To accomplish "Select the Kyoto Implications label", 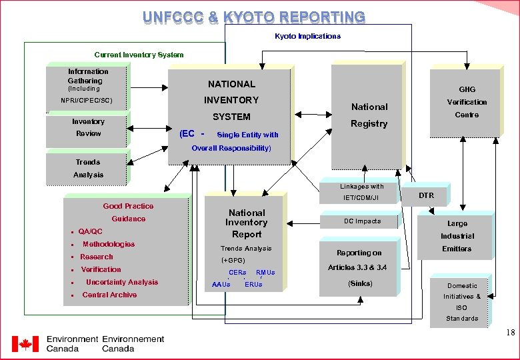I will (x=307, y=36).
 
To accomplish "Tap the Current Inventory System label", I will (x=139, y=55).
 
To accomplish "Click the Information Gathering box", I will (x=87, y=85).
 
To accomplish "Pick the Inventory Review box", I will (x=88, y=127).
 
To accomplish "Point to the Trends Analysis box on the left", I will (x=87, y=168).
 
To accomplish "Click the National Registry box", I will (x=369, y=115).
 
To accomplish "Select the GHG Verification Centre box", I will (x=467, y=102).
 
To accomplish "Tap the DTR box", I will (x=426, y=195).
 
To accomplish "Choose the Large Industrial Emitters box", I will (x=457, y=236).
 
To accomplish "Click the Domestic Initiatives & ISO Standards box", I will (x=462, y=301).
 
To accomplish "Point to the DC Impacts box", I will (x=363, y=221).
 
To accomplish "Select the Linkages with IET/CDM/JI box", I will (x=362, y=192).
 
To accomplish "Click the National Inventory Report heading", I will (x=247, y=223).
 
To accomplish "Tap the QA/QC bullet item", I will (x=91, y=231).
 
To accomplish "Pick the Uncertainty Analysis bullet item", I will (x=122, y=282).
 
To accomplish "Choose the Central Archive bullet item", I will (x=109, y=295).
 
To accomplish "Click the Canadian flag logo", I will (x=25, y=344).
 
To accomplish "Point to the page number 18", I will (x=510, y=332).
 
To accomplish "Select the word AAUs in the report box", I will (x=221, y=285).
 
